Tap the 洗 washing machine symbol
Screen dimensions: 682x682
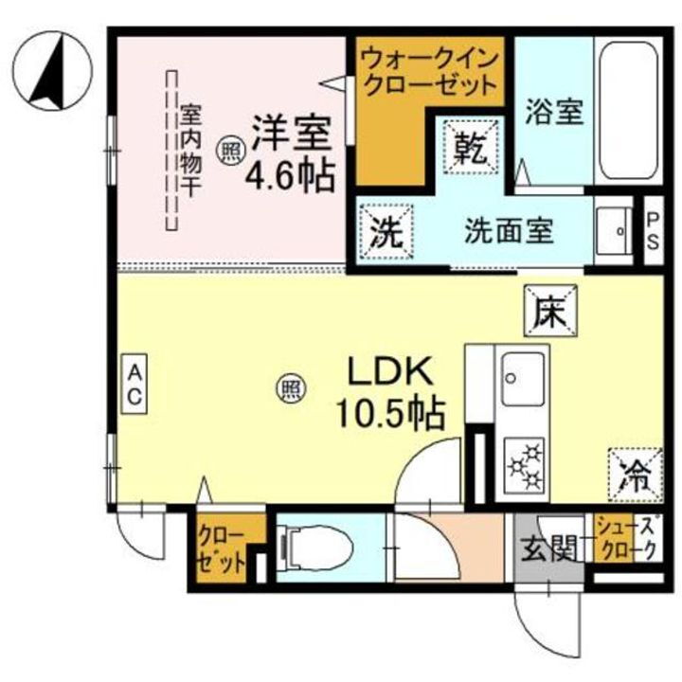pos(386,232)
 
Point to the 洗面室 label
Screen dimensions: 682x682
pos(509,231)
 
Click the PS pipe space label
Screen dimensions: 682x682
pos(653,231)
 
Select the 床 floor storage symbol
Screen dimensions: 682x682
pos(551,310)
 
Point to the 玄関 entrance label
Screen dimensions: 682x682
pos(550,547)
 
